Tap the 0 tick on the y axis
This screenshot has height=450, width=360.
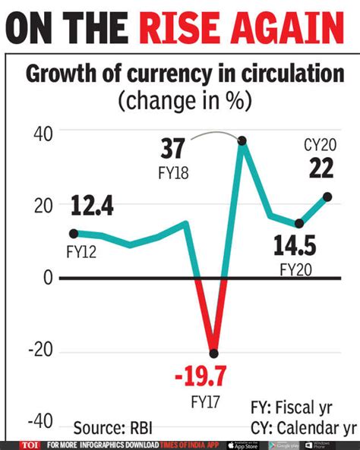click(x=47, y=278)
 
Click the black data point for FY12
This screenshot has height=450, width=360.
click(x=74, y=234)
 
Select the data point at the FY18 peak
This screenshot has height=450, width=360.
click(x=242, y=141)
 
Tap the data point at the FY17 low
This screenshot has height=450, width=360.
click(x=213, y=354)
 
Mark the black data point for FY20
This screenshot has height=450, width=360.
click(x=299, y=224)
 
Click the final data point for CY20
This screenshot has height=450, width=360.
click(x=327, y=197)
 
